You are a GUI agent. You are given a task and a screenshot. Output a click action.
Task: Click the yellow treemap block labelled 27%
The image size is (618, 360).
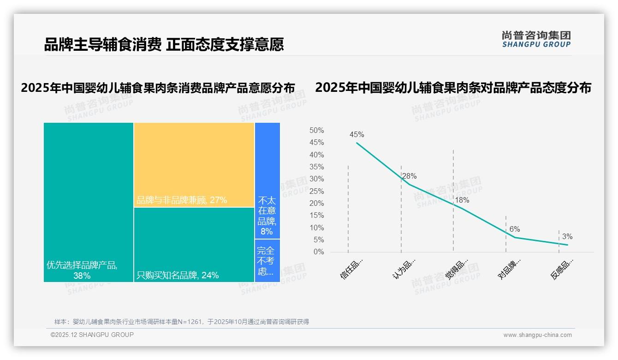point(194,165)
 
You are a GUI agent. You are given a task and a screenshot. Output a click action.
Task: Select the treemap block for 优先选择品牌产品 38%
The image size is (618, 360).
point(89,202)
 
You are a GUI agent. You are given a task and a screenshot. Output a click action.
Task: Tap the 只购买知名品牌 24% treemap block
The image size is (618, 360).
point(194,245)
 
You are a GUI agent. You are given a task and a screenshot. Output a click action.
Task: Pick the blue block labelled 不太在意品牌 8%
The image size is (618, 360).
point(267,180)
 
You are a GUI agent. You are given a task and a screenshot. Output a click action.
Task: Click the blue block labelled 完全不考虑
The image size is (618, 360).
point(267,261)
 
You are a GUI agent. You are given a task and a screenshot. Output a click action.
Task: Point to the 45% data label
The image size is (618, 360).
point(357,135)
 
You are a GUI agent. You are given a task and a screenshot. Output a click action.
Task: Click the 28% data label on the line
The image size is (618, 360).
point(409,176)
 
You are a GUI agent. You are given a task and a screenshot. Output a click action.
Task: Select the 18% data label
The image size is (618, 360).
point(462,200)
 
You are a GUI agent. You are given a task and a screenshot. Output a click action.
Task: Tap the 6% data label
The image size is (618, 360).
point(515,229)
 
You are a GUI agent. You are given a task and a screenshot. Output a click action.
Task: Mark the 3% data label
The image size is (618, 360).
point(567,237)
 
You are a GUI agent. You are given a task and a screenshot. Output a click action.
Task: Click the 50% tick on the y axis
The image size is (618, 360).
point(316,131)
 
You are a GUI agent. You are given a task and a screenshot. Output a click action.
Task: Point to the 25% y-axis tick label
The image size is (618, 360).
point(316,191)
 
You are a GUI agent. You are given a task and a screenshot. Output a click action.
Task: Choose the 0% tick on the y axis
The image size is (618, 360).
point(318,252)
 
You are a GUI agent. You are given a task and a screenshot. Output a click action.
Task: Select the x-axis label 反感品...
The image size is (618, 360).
point(562,269)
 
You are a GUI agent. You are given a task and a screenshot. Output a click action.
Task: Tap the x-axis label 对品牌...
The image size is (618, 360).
point(510,269)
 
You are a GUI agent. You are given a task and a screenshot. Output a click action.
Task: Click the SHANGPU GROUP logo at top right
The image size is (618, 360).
point(536,39)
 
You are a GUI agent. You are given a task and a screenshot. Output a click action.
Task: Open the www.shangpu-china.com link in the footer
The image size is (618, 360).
point(537,335)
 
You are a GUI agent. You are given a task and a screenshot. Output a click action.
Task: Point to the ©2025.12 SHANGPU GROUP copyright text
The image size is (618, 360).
point(92,335)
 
